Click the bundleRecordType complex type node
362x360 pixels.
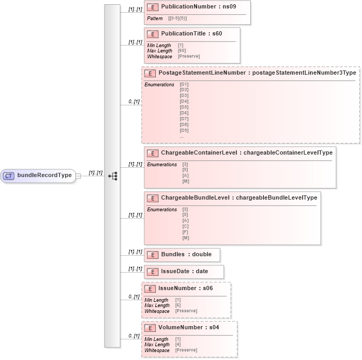pos(38,176)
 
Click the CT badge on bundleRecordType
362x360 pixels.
pos(9,176)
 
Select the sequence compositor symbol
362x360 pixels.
pos(112,176)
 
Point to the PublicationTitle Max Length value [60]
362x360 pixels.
pos(182,51)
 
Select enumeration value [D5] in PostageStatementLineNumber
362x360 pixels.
pos(184,107)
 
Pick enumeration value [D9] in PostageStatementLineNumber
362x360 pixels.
pos(184,130)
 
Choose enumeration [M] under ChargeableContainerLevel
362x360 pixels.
pos(186,182)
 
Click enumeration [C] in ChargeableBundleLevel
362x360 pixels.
pos(186,227)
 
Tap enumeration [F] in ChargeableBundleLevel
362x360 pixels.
pos(186,232)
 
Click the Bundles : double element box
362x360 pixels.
pos(182,255)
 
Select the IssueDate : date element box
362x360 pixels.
pos(184,272)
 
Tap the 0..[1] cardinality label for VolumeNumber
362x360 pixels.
pos(134,336)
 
